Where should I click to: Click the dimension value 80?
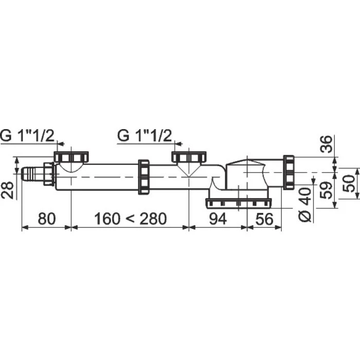[47, 219]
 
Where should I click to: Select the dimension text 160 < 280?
[131, 219]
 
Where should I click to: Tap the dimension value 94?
[218, 219]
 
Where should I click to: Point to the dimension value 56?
[264, 219]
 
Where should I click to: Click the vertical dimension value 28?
[7, 190]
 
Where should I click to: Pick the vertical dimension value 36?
[326, 144]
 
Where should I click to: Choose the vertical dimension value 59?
[326, 190]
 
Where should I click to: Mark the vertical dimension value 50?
[349, 184]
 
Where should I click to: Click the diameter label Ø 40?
[305, 204]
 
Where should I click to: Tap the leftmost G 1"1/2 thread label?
[27, 136]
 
